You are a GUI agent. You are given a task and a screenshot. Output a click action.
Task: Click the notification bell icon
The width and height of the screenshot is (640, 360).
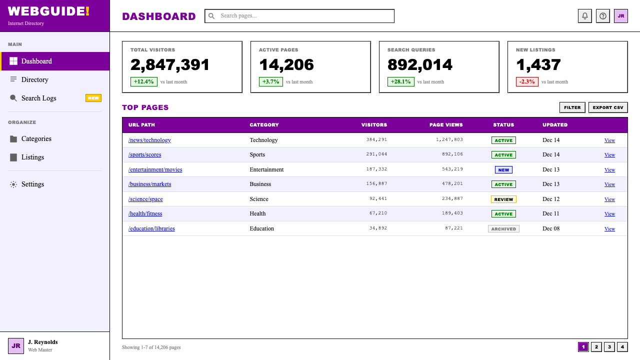[585, 16]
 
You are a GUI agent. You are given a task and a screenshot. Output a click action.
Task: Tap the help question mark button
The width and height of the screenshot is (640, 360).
[603, 16]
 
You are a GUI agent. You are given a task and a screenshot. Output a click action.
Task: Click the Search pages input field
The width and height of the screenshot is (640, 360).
[299, 16]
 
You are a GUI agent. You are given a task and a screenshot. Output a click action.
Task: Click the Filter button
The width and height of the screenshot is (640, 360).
[572, 107]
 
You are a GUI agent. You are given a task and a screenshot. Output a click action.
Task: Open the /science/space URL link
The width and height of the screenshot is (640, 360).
[145, 199]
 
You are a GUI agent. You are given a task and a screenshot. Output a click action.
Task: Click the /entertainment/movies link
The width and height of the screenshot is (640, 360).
[155, 169]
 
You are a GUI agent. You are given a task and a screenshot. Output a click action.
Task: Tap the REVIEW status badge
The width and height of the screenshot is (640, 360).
[503, 199]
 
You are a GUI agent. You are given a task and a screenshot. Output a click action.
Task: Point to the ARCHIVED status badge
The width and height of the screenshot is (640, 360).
[503, 229]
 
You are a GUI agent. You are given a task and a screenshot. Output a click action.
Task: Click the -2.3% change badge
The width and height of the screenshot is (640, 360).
[527, 81]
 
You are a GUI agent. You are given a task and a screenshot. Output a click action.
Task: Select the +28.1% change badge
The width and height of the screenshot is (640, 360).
[400, 81]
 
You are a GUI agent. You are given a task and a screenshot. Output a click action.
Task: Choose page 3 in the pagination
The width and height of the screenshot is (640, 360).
[609, 347]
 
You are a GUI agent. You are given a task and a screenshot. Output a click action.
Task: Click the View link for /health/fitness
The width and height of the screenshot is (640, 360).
[609, 213]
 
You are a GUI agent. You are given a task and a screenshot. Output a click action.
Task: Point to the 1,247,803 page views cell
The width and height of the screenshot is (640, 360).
[449, 139]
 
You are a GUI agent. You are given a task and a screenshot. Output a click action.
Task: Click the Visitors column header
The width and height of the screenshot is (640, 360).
[374, 125]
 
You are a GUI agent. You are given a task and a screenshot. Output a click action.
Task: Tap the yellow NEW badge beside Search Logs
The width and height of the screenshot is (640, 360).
[93, 98]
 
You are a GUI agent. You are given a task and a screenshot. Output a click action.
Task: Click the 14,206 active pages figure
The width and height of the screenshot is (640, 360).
[286, 64]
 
